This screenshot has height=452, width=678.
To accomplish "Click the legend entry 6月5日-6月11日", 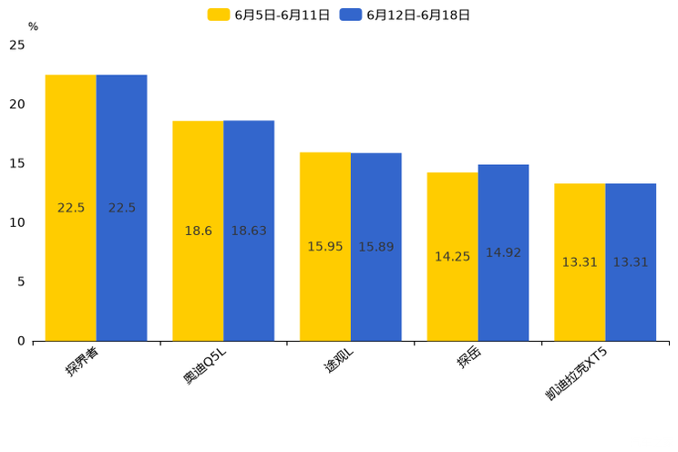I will click(x=270, y=15).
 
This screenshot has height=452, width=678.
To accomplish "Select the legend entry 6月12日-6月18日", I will click(x=406, y=15).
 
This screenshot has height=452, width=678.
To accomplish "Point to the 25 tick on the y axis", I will click(x=17, y=45).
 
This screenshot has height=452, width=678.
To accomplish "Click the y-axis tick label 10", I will click(x=17, y=222).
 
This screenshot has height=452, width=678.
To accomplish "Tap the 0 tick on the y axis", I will click(x=21, y=341).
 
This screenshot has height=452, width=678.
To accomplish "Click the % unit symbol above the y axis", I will click(x=33, y=26).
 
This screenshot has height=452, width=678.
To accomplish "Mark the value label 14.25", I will click(x=452, y=257).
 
